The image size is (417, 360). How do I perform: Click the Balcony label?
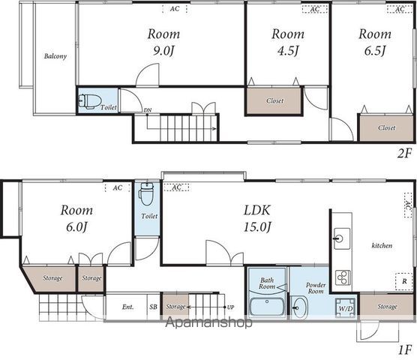[x=55, y=56]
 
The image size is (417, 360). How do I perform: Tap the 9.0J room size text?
[x=163, y=51]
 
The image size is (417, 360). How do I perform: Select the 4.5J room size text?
[x=288, y=51]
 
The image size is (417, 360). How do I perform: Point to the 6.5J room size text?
[x=375, y=51]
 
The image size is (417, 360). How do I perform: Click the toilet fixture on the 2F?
[x=90, y=101]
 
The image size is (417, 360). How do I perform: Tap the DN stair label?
[x=148, y=110]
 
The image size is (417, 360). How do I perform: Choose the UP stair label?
[x=230, y=307]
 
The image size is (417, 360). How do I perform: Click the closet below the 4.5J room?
[x=274, y=101]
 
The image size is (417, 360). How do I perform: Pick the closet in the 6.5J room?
[x=386, y=128]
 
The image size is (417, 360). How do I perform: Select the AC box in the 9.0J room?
[x=175, y=9]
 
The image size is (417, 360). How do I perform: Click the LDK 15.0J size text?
[x=257, y=227]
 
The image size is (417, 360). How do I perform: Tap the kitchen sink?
[x=342, y=238]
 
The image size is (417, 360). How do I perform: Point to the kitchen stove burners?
[x=343, y=277]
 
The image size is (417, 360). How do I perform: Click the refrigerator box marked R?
[x=404, y=281]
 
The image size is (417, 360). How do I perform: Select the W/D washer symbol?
[x=346, y=308]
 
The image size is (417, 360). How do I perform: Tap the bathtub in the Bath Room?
[x=267, y=307]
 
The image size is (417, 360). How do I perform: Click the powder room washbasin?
[x=300, y=307]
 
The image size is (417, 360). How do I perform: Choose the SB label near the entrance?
[x=153, y=307]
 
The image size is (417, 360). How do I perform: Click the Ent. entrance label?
[x=128, y=307]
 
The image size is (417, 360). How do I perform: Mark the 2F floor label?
[x=404, y=154]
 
